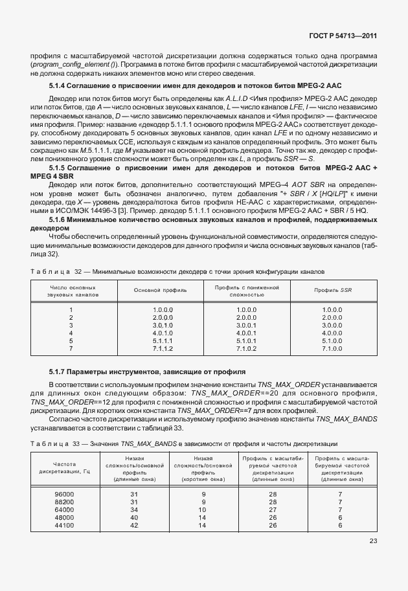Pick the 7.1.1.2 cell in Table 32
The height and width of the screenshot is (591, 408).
point(163,348)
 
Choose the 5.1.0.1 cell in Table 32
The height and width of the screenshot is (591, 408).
point(247,340)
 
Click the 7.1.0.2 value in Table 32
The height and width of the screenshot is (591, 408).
point(247,348)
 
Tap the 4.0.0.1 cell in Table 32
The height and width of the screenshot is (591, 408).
point(247,333)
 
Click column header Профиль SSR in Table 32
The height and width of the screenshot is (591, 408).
point(332,290)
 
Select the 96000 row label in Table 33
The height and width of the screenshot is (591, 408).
point(65,494)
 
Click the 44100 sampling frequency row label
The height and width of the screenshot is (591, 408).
point(65,525)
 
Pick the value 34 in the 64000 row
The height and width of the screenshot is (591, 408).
point(135,509)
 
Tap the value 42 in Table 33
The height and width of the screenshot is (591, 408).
point(135,525)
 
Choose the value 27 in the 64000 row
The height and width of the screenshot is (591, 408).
point(273,509)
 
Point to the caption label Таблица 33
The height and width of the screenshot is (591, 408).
point(49,443)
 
